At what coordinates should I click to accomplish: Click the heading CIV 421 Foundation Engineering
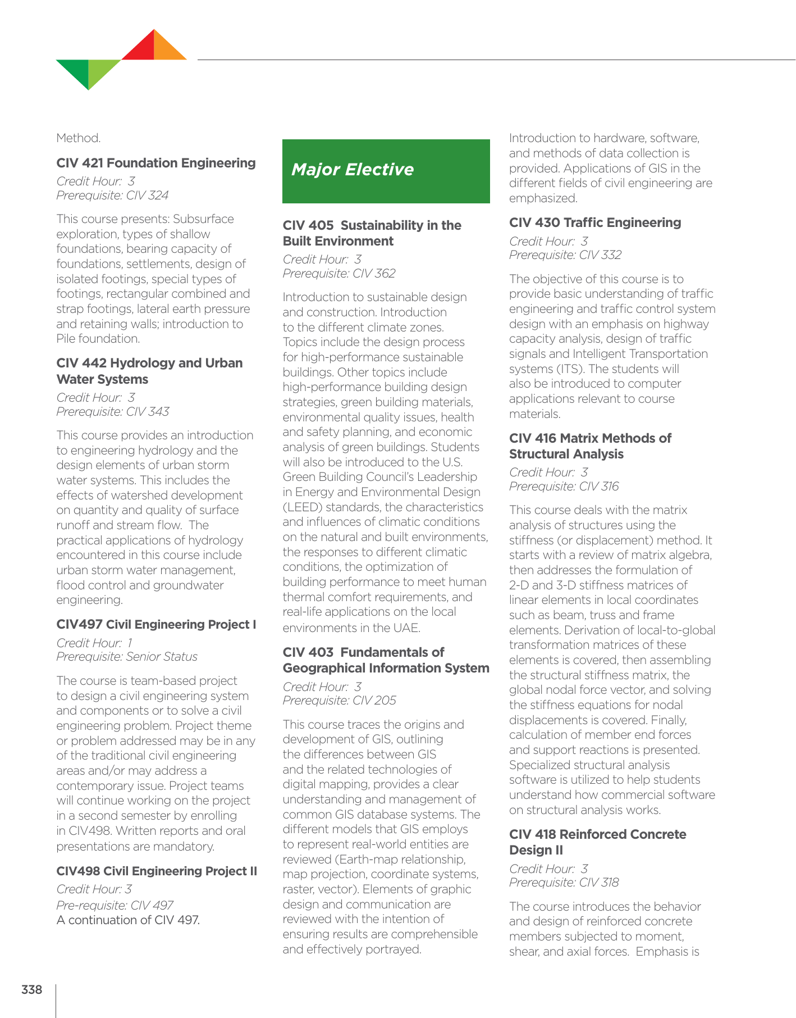click(156, 163)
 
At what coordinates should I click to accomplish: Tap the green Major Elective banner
click(386, 171)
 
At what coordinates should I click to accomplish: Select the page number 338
click(31, 989)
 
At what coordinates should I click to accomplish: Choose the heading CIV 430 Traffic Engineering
click(595, 222)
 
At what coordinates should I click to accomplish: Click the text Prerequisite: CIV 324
click(112, 196)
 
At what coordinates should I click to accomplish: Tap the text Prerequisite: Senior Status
click(127, 657)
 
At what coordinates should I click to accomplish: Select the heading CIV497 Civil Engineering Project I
click(156, 625)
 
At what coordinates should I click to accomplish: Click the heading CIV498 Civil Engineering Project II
click(157, 871)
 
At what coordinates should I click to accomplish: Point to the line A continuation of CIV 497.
click(128, 920)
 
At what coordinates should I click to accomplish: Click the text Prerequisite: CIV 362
click(339, 274)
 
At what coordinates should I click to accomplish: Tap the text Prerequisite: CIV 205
click(339, 701)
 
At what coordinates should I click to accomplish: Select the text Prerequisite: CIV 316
click(564, 487)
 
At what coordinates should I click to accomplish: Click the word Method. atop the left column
click(79, 138)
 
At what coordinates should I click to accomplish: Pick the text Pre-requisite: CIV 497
click(115, 905)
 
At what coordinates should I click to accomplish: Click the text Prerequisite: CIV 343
click(112, 412)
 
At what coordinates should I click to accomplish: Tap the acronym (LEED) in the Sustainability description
click(302, 507)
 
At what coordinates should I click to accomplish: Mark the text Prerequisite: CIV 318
click(564, 883)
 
